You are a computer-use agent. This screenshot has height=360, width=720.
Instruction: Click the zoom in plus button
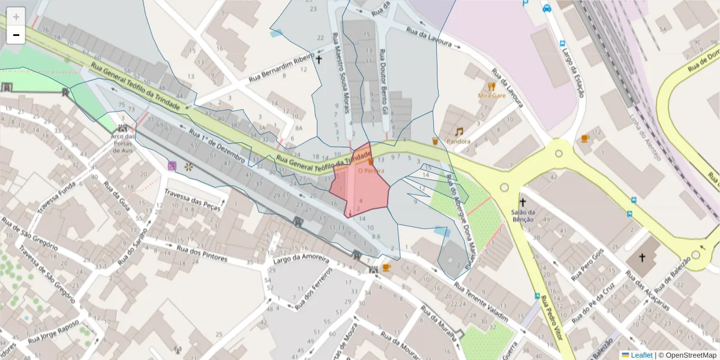point(16,17)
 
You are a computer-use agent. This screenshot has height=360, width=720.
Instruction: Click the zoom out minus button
point(16,35)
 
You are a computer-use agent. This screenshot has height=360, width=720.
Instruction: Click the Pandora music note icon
point(459,131)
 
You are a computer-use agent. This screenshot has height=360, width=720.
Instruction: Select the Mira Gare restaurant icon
point(492,86)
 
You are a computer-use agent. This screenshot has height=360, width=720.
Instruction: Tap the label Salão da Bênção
point(523,215)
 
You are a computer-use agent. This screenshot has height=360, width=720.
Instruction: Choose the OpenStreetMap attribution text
point(687,355)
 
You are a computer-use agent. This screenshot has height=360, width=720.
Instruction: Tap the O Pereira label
point(371,170)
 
